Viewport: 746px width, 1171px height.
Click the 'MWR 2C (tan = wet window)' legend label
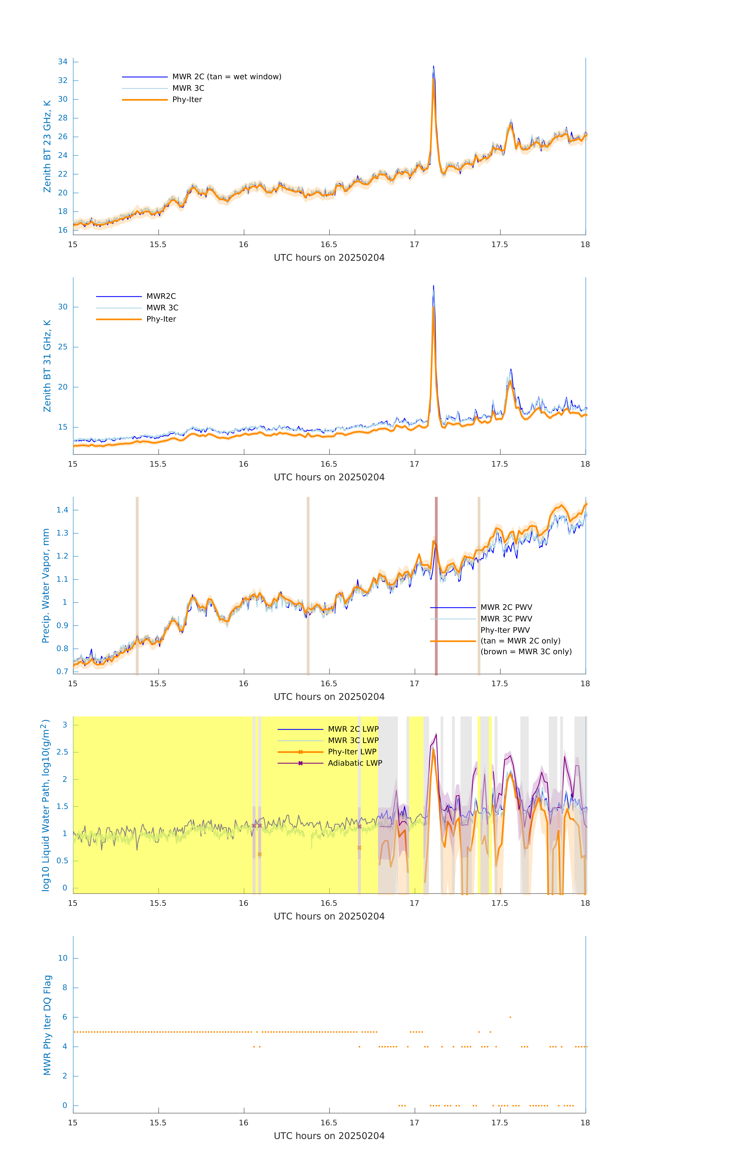[x=226, y=77]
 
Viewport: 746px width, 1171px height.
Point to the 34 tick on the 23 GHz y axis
[x=63, y=62]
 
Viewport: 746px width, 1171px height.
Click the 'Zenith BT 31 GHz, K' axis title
[x=47, y=366]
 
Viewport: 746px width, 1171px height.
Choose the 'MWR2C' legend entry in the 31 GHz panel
[x=161, y=296]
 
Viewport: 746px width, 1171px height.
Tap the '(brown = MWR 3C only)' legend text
[x=526, y=652]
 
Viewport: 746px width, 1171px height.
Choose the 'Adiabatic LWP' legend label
[x=355, y=763]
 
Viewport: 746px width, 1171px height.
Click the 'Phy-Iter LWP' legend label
[x=352, y=752]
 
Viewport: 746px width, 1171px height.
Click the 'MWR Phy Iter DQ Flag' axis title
[x=47, y=1025]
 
